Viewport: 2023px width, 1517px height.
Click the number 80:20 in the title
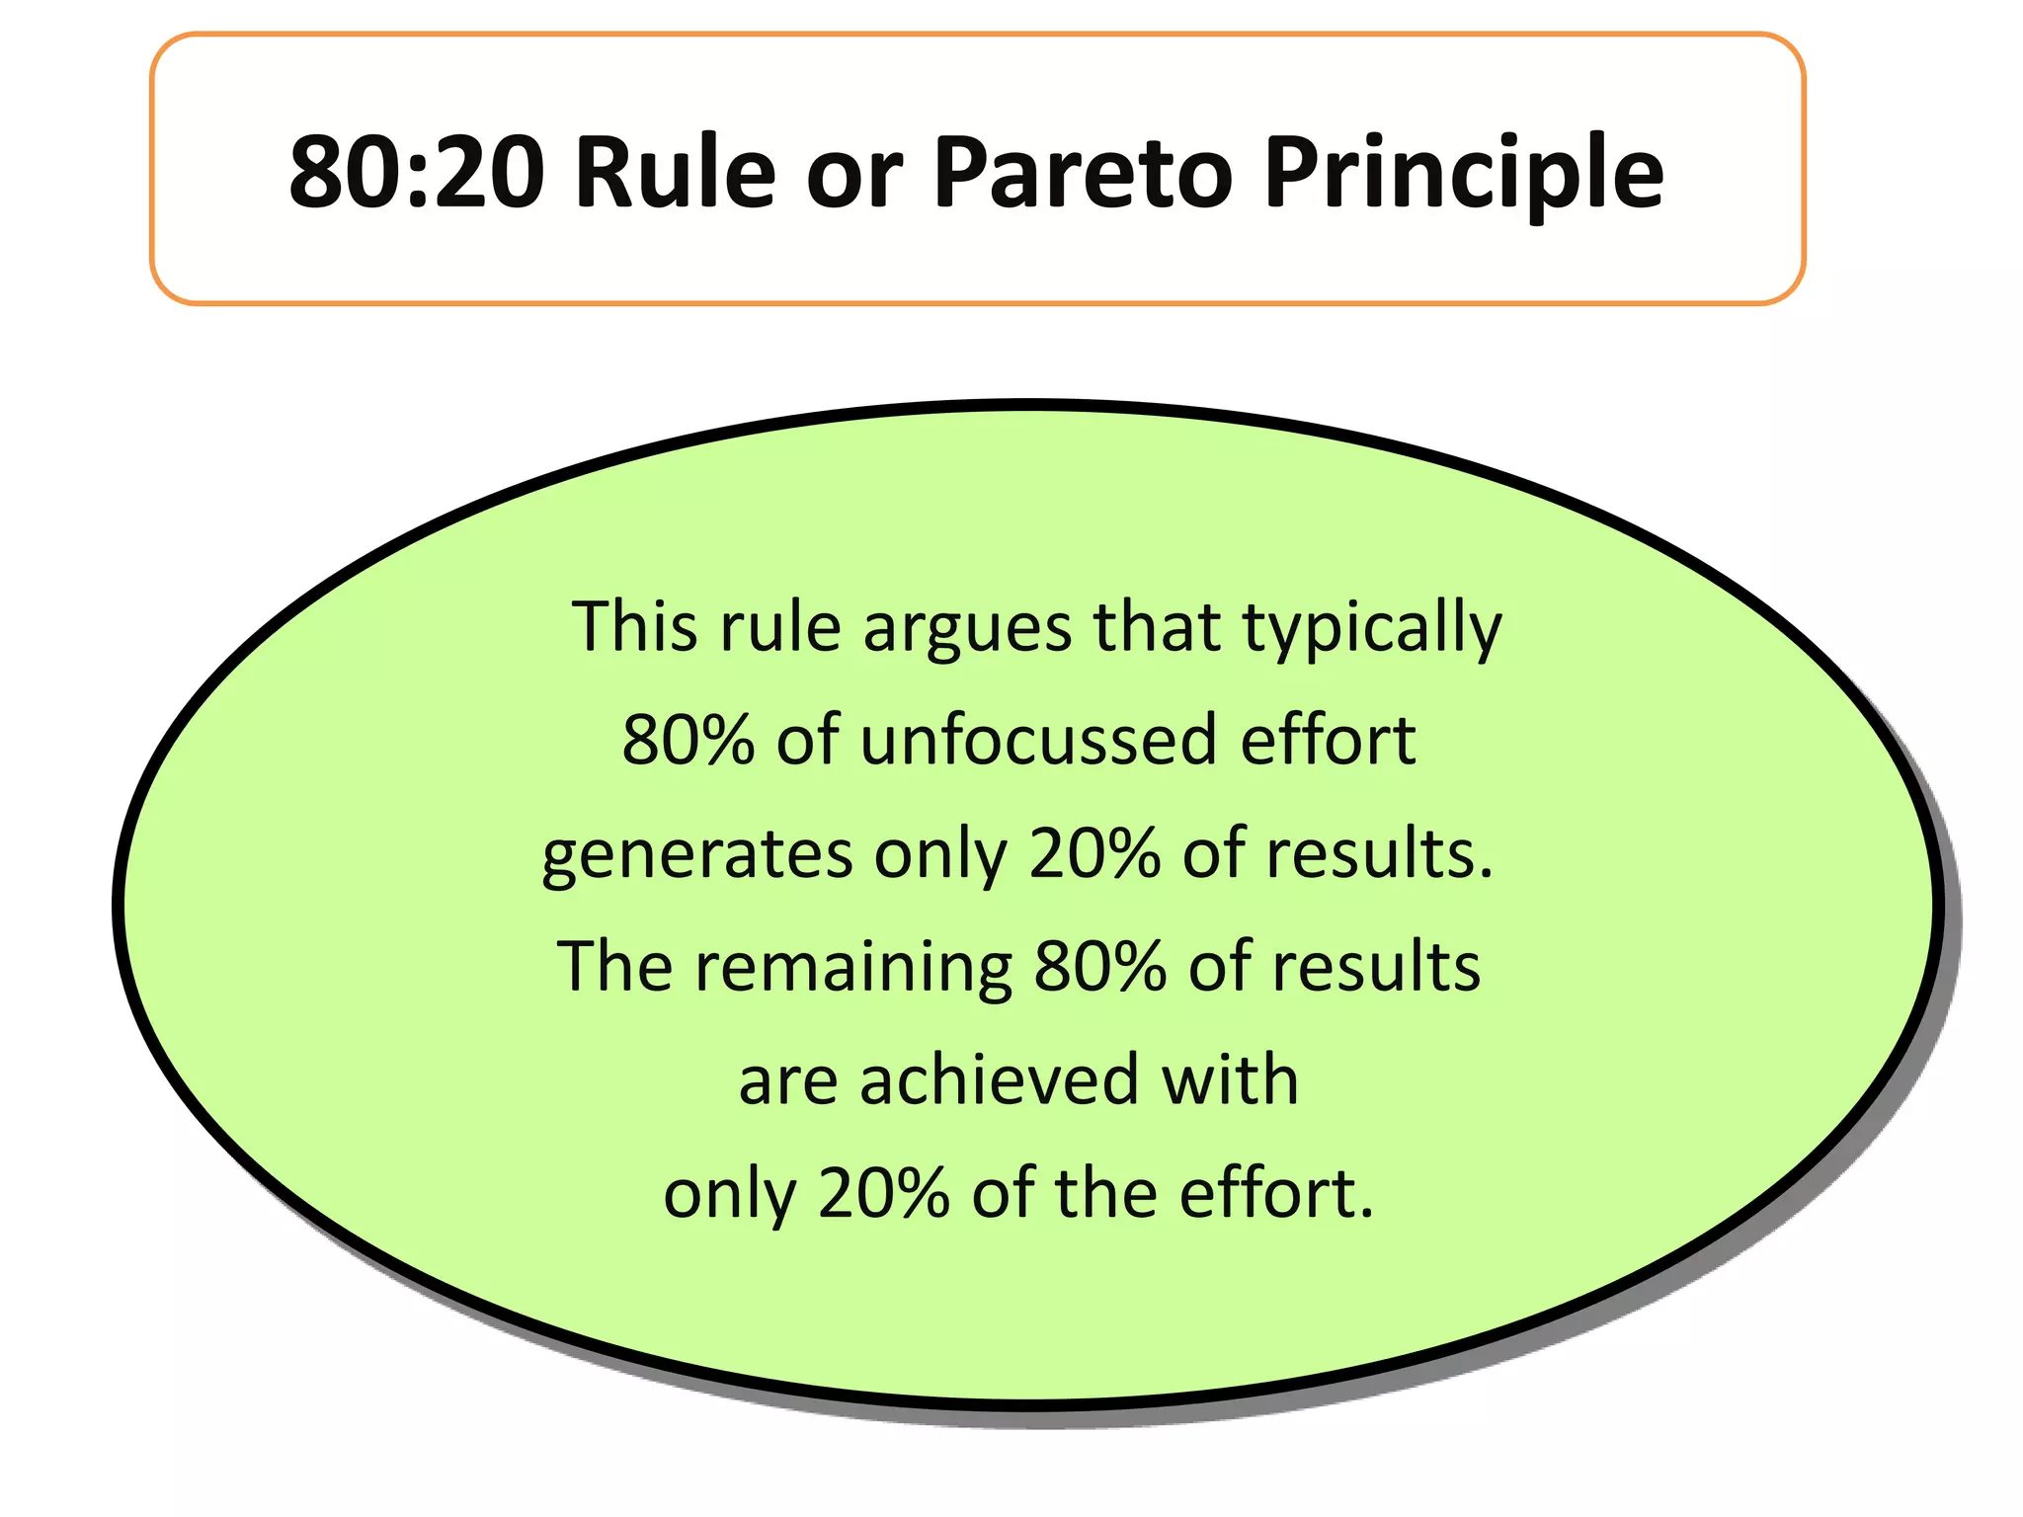point(415,173)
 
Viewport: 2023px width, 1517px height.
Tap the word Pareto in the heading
point(1082,173)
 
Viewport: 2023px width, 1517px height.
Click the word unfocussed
point(1038,740)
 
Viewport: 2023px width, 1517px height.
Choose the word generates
point(695,855)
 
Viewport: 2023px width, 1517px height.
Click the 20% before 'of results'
point(1093,853)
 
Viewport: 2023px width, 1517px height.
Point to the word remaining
point(853,968)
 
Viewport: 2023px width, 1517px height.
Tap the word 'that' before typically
point(1157,626)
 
